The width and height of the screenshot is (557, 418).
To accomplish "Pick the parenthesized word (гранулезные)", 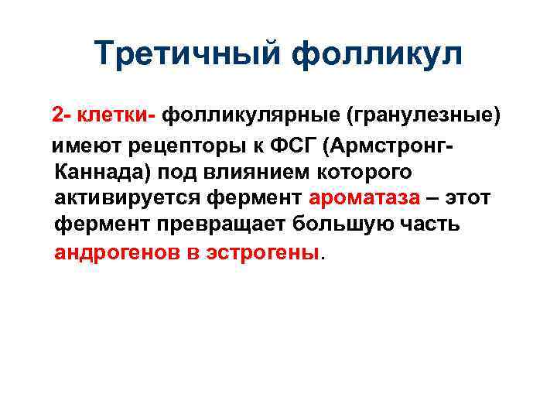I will click(423, 116).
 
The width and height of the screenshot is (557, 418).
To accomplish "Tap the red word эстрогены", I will click(264, 252).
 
